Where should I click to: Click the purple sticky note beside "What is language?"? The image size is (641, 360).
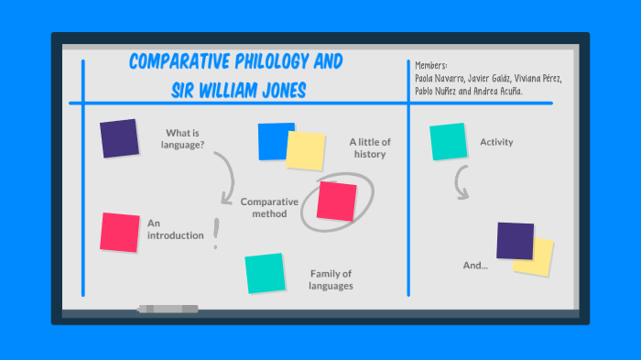click(x=119, y=138)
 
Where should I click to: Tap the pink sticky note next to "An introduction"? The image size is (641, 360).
click(x=120, y=232)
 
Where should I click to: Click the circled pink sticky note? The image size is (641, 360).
click(x=336, y=201)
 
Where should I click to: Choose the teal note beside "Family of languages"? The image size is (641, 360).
click(x=264, y=273)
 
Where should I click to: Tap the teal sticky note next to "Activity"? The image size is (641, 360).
click(x=449, y=141)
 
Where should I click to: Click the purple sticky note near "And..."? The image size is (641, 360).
click(x=515, y=240)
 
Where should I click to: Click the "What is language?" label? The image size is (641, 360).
click(x=183, y=138)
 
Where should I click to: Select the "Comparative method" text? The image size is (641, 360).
click(x=270, y=207)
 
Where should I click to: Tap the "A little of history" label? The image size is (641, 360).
click(x=370, y=147)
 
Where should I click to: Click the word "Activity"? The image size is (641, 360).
click(x=496, y=142)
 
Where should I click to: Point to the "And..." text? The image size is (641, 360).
click(x=475, y=266)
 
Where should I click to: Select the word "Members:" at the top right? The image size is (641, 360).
click(x=430, y=66)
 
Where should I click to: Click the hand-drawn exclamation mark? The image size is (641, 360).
click(x=216, y=235)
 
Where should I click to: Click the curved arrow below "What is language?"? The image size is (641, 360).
click(x=226, y=179)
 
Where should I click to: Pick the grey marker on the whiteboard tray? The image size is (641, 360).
click(x=169, y=309)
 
